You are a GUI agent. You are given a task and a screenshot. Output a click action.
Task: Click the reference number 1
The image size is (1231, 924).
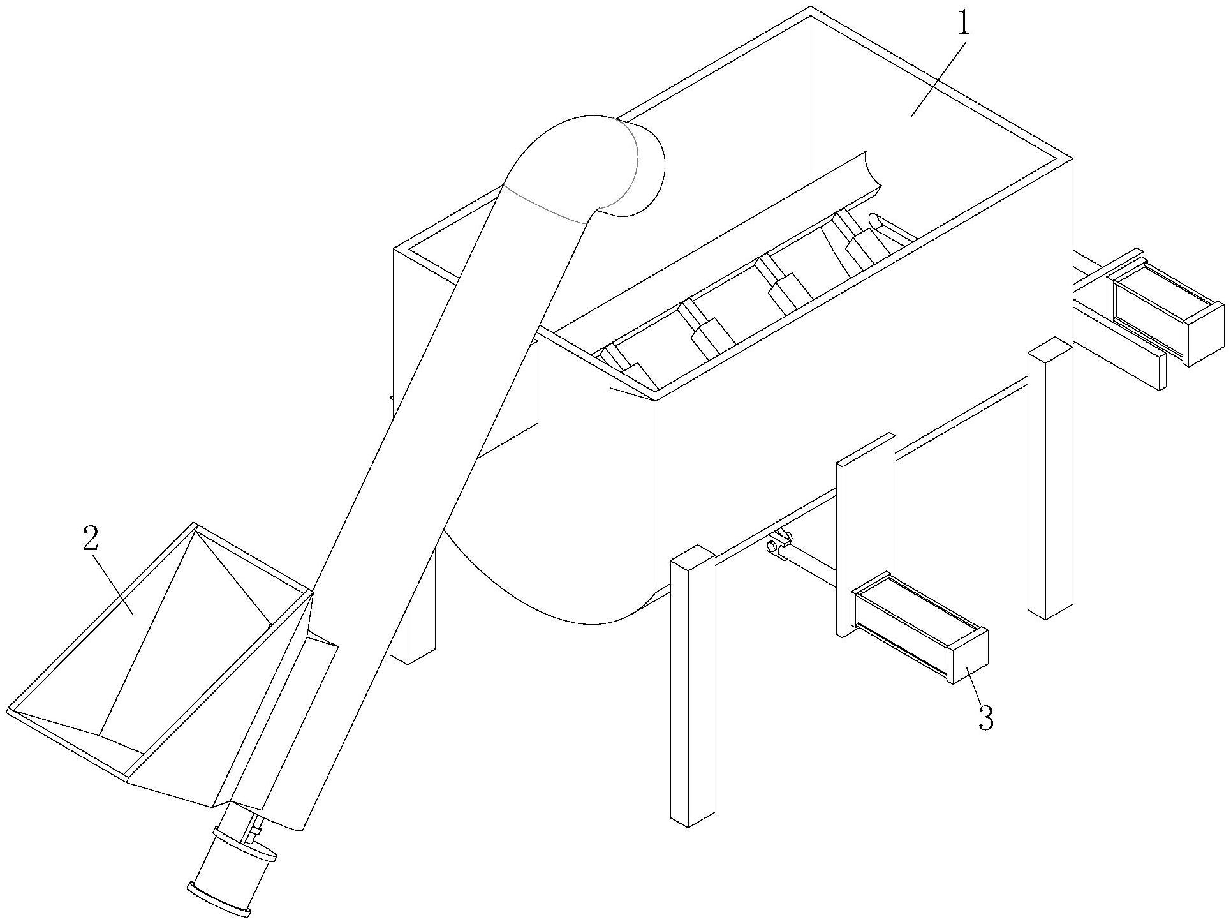963,25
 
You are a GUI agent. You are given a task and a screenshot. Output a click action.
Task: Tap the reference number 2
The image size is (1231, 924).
91,539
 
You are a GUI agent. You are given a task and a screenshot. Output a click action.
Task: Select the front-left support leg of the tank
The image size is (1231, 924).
693,686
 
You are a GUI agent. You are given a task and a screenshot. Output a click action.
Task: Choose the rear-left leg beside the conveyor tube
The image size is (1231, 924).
413,606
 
